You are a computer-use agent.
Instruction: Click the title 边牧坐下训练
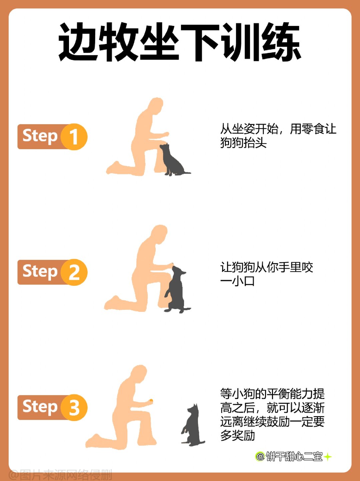pyautogui.click(x=180, y=42)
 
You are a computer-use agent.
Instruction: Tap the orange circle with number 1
pyautogui.click(x=74, y=137)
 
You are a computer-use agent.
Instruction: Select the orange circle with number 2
pyautogui.click(x=74, y=272)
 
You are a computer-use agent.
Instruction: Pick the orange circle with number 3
pyautogui.click(x=74, y=407)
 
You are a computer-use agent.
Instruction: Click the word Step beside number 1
pyautogui.click(x=40, y=136)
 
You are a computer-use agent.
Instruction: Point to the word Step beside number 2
pyautogui.click(x=40, y=272)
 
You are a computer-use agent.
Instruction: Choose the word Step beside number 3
pyautogui.click(x=40, y=407)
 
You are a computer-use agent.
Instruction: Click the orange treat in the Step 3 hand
pyautogui.click(x=151, y=401)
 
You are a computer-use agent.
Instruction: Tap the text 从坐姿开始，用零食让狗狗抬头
pyautogui.click(x=278, y=136)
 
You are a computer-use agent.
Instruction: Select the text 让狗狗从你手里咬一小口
pyautogui.click(x=266, y=274)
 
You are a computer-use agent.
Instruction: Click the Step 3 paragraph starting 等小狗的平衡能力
pyautogui.click(x=272, y=414)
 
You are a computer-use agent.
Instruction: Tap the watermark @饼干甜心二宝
pyautogui.click(x=289, y=456)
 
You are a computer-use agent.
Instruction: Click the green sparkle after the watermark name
pyautogui.click(x=328, y=456)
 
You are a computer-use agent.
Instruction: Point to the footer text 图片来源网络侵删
pyautogui.click(x=62, y=475)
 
